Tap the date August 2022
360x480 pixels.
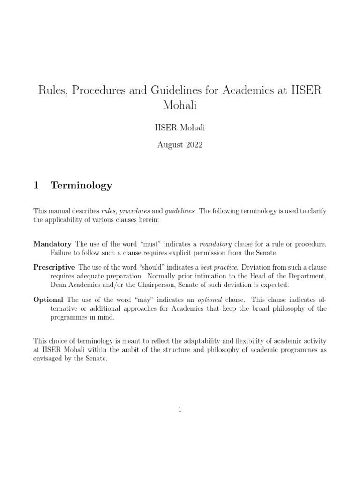pyautogui.click(x=180, y=145)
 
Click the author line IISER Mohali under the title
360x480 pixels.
pyautogui.click(x=180, y=128)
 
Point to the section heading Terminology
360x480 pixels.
pyautogui.click(x=82, y=185)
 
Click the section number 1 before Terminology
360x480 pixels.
pyautogui.click(x=36, y=185)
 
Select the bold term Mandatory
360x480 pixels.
pyautogui.click(x=52, y=244)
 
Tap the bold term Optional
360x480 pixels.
pyautogui.click(x=48, y=300)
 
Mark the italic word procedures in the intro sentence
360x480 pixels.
pyautogui.click(x=135, y=211)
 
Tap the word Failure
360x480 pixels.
pyautogui.click(x=62, y=253)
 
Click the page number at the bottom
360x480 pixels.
pyautogui.click(x=180, y=410)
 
